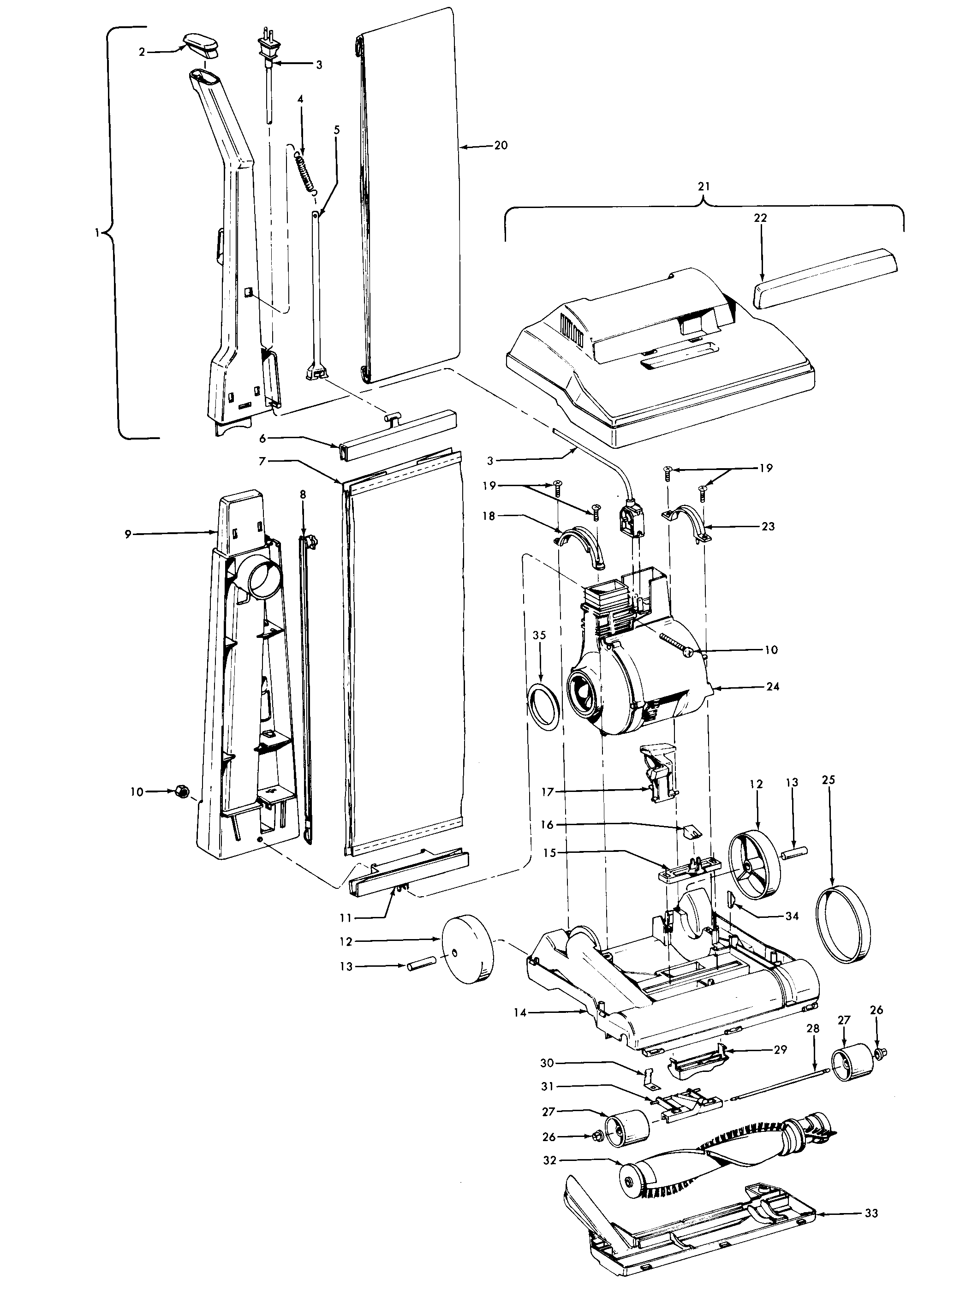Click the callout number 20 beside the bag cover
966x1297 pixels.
(501, 146)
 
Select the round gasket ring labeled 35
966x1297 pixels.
(544, 708)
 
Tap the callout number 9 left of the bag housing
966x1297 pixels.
(128, 534)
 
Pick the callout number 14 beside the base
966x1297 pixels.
(520, 1012)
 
